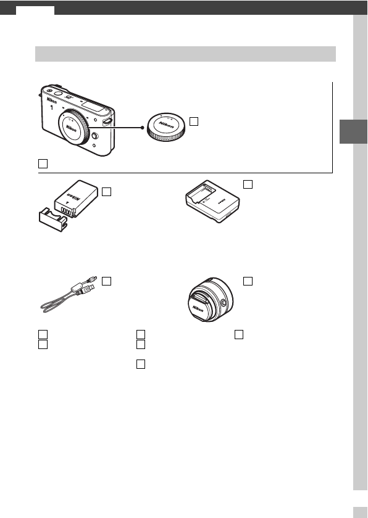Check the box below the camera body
(41, 164)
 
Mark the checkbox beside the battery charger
(248, 183)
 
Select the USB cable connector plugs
(86, 288)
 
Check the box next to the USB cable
(107, 281)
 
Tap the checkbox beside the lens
(248, 281)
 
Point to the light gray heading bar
(185, 54)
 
